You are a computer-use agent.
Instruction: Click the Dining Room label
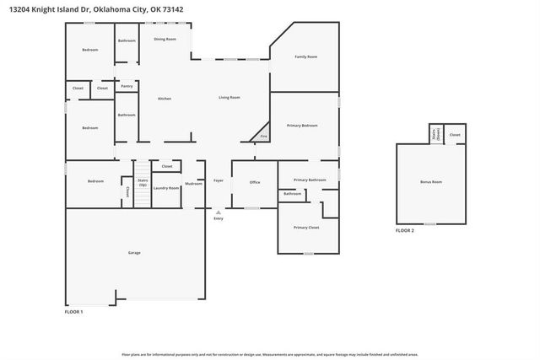(x=165, y=39)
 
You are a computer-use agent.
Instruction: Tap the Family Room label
(x=305, y=56)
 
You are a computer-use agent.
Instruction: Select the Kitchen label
(x=165, y=99)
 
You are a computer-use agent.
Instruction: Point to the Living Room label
(x=229, y=98)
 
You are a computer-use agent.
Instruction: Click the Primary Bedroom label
(x=302, y=125)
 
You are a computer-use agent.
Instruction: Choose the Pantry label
(x=127, y=86)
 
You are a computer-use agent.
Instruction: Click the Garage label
(x=134, y=253)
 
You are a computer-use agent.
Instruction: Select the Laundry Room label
(x=166, y=188)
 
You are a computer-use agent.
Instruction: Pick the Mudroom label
(x=193, y=182)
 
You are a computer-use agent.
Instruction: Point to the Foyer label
(x=219, y=180)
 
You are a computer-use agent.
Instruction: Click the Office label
(x=254, y=182)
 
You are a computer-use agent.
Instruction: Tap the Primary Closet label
(x=306, y=228)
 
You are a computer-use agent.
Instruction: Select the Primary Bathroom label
(x=310, y=180)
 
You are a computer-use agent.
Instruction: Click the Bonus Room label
(x=431, y=182)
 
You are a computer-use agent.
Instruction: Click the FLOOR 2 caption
(x=405, y=230)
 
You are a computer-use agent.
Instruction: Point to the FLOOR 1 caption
(x=74, y=312)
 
